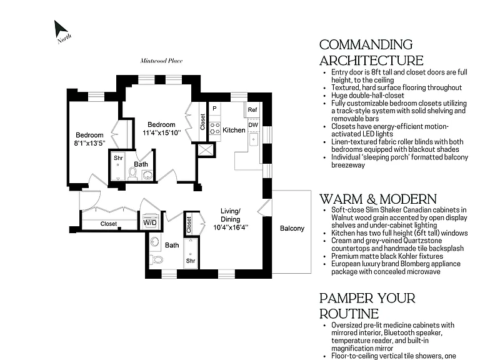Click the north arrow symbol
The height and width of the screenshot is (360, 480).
point(60,30)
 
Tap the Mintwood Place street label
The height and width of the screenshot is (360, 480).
point(161,61)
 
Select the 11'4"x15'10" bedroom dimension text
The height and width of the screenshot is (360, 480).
point(162,133)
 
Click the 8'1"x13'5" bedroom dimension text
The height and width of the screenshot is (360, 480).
point(90,143)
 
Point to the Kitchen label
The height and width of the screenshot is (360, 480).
point(234,130)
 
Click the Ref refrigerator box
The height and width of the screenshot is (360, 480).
point(252,109)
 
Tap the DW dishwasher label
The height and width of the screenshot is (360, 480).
point(253,125)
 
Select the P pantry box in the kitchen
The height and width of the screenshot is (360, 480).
point(214,108)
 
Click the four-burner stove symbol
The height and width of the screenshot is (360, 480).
point(214,128)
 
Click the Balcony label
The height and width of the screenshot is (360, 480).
point(292,228)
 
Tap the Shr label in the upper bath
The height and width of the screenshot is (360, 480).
point(118,158)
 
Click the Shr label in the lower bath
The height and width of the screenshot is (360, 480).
point(191,261)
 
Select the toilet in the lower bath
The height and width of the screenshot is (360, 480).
point(157,259)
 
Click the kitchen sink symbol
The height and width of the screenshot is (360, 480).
point(254,140)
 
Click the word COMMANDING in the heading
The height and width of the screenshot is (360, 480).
point(366,45)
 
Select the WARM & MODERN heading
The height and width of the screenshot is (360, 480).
point(378,199)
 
